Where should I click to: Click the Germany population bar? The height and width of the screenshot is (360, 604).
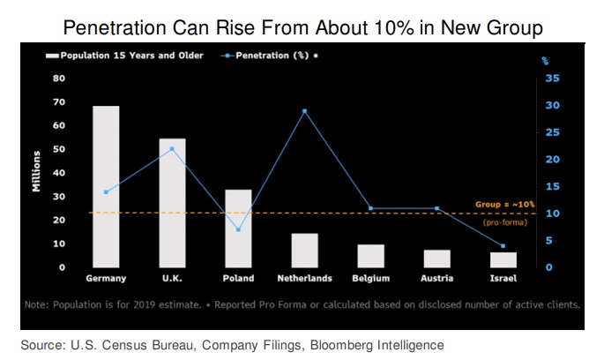tap(107, 186)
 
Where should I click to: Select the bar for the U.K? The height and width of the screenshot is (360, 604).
tap(172, 202)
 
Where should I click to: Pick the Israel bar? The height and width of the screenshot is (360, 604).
tap(503, 259)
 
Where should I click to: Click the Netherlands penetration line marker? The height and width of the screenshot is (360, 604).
tap(304, 111)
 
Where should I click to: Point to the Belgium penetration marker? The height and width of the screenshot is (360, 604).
tap(370, 208)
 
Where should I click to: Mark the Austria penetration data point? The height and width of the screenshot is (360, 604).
tap(436, 208)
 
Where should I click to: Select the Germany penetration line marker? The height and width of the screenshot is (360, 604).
tap(106, 191)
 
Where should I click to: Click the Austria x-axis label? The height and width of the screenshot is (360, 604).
tap(436, 279)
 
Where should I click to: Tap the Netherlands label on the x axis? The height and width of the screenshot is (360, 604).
tap(304, 279)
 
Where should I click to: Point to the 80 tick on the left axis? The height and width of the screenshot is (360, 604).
tap(60, 78)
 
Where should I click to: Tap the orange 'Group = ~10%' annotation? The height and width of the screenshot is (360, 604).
tap(505, 204)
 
